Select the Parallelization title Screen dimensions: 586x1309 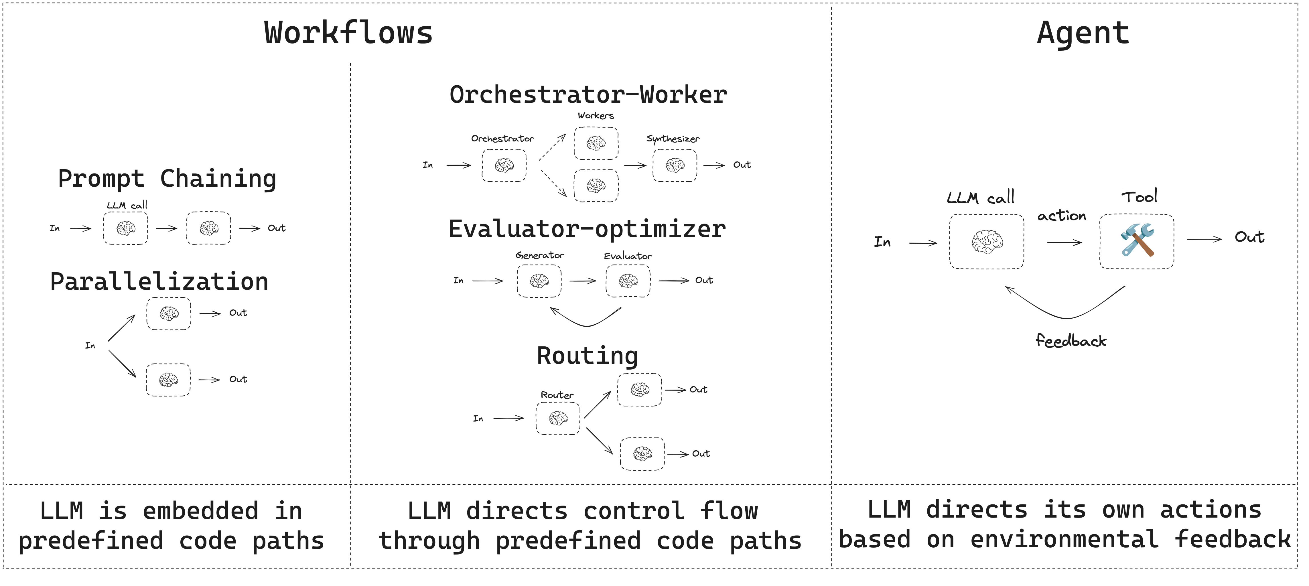[159, 282]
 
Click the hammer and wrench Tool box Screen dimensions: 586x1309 [1136, 241]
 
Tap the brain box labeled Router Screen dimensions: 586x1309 [557, 418]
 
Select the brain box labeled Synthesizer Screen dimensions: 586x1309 [674, 165]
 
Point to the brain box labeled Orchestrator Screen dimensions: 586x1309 [504, 165]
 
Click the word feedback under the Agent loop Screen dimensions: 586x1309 [1071, 340]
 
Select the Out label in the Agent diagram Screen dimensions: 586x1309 [1249, 237]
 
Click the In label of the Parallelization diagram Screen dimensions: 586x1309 [90, 346]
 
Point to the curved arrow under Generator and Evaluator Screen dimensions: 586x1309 [587, 323]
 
